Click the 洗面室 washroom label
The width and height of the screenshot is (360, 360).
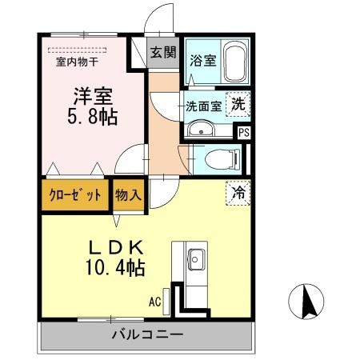pyautogui.click(x=203, y=104)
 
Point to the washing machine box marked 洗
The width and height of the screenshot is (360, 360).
pyautogui.click(x=238, y=103)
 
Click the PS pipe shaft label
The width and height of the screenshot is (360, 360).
pyautogui.click(x=243, y=133)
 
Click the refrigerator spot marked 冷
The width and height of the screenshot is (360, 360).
pyautogui.click(x=238, y=192)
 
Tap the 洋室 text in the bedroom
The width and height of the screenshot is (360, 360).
pyautogui.click(x=91, y=94)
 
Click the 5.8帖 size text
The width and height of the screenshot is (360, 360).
pyautogui.click(x=92, y=117)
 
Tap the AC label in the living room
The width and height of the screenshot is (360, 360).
pyautogui.click(x=155, y=302)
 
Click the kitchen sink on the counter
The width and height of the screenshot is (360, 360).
pyautogui.click(x=196, y=258)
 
